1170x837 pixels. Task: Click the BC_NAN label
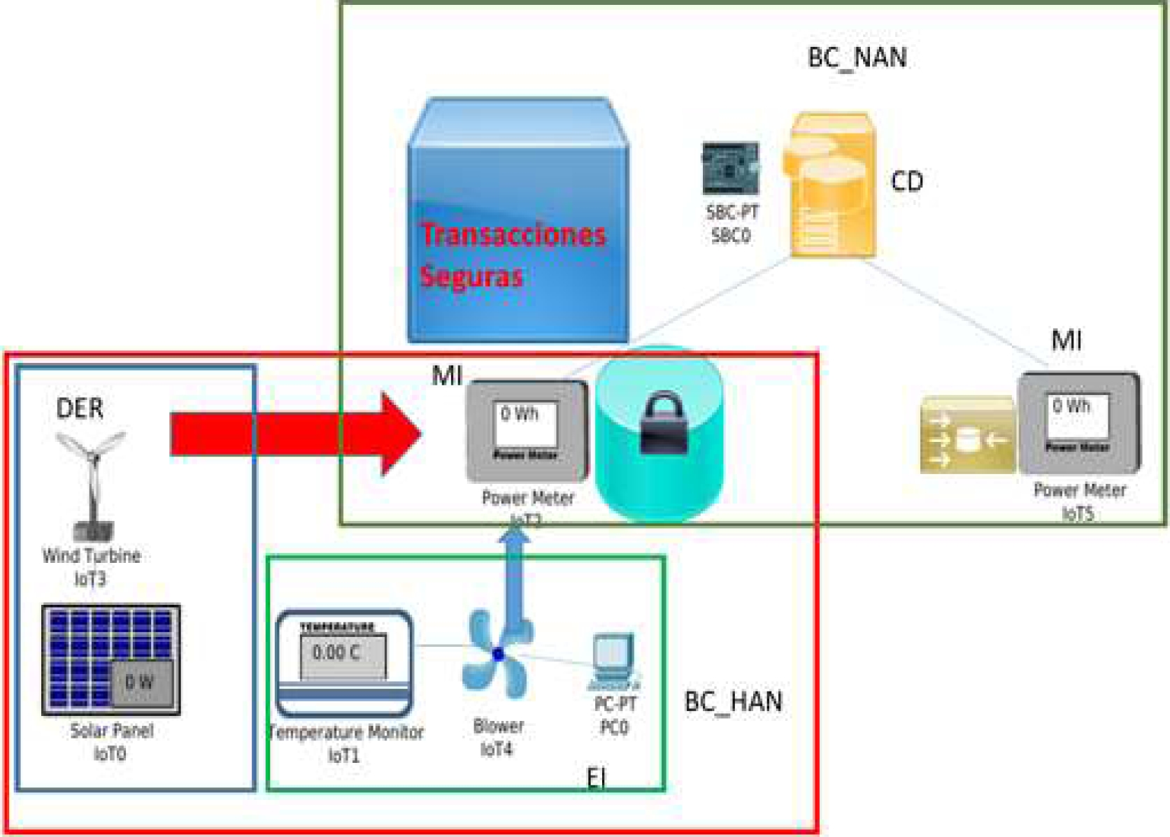(857, 57)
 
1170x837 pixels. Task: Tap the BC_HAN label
(733, 701)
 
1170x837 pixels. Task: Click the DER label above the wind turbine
(80, 408)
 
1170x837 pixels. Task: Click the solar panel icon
(111, 660)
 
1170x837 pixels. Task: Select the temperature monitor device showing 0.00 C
(344, 662)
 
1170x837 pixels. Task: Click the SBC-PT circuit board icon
(730, 169)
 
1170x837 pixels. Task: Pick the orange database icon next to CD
(832, 185)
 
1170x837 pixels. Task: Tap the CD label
(907, 182)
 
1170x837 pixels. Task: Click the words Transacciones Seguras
(513, 255)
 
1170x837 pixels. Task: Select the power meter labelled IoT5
(1078, 423)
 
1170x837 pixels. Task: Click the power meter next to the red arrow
(527, 431)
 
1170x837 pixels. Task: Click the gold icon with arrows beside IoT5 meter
(968, 435)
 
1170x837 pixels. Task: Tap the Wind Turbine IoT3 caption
(92, 567)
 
